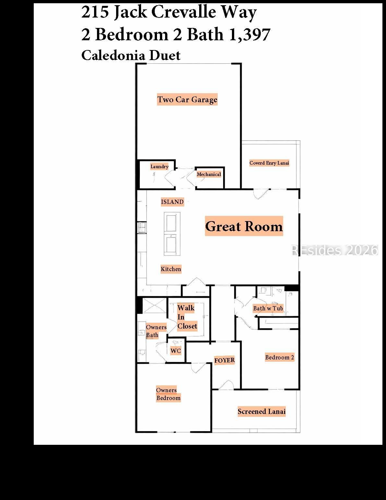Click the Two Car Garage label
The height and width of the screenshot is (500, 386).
click(x=187, y=99)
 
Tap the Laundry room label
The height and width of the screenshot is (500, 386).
click(x=159, y=166)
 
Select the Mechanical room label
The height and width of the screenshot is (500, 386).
click(x=209, y=174)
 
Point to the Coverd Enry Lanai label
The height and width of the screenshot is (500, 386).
click(x=269, y=163)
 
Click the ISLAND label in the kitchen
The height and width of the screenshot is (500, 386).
click(x=172, y=202)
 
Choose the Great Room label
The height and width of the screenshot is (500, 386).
click(x=244, y=226)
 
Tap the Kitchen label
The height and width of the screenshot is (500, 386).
click(x=171, y=269)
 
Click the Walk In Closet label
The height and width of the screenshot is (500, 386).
click(x=187, y=317)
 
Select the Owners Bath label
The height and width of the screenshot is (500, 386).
click(x=156, y=331)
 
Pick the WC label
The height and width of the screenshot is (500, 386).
click(x=175, y=351)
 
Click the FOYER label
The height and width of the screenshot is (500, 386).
click(x=224, y=360)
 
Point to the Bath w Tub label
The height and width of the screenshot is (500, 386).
click(x=268, y=308)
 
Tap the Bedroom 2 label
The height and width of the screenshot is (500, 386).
click(x=280, y=357)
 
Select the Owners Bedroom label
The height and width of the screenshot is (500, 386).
click(x=168, y=394)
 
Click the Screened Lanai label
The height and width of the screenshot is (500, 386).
click(x=262, y=411)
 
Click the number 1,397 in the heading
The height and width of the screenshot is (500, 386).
click(x=250, y=34)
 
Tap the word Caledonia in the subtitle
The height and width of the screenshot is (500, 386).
click(x=113, y=55)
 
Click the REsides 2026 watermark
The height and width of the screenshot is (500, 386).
click(x=334, y=250)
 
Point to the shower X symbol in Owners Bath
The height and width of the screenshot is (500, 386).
click(x=154, y=306)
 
